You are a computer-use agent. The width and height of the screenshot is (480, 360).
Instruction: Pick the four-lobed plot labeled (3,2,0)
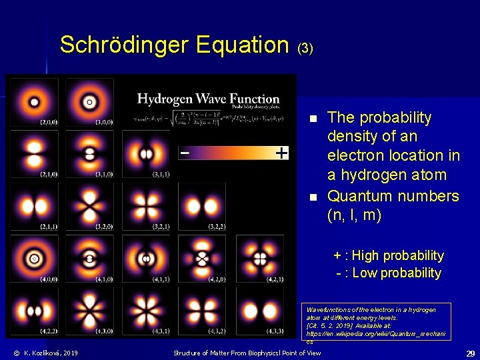[x=89, y=206]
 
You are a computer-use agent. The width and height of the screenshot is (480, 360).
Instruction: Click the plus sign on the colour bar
[x=282, y=153]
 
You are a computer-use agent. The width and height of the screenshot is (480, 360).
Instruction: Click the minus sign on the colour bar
[x=184, y=153]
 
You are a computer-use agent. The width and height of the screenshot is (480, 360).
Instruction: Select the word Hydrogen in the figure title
[x=167, y=99]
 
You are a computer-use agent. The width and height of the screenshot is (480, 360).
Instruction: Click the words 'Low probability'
[x=397, y=273]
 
